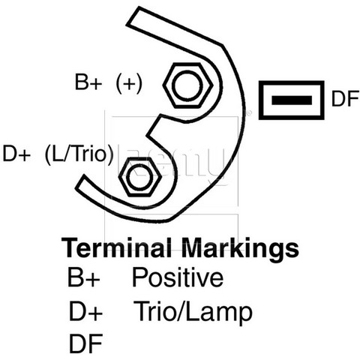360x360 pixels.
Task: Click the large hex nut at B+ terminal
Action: pyautogui.click(x=188, y=85)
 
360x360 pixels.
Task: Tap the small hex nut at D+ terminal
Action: pyautogui.click(x=140, y=177)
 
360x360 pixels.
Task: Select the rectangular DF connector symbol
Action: pyautogui.click(x=292, y=100)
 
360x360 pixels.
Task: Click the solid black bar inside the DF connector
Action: pyautogui.click(x=292, y=100)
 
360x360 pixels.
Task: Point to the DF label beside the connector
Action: pyautogui.click(x=345, y=99)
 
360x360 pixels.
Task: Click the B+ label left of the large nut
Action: pyautogui.click(x=88, y=82)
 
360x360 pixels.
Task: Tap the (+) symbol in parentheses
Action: pyautogui.click(x=129, y=83)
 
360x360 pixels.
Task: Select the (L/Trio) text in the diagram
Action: pyautogui.click(x=79, y=154)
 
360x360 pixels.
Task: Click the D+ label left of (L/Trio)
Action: pyautogui.click(x=16, y=154)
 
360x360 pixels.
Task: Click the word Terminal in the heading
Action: pyautogui.click(x=116, y=248)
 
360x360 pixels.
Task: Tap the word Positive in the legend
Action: pyautogui.click(x=178, y=277)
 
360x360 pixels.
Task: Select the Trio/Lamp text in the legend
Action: pyautogui.click(x=193, y=311)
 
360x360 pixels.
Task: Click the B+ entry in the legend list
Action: pyautogui.click(x=84, y=277)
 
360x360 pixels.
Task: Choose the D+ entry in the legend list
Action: pyautogui.click(x=85, y=311)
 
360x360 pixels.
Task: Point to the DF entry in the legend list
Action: pyautogui.click(x=85, y=343)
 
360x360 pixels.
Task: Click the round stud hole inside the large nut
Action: pyautogui.click(x=188, y=85)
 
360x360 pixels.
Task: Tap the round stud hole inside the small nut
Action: pyautogui.click(x=140, y=177)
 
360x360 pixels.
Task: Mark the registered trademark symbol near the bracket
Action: pyautogui.click(x=249, y=113)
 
